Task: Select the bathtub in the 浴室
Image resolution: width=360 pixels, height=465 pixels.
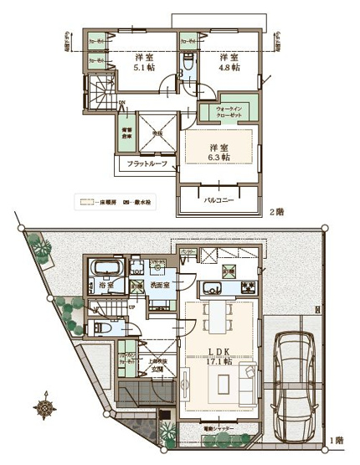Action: click(x=106, y=271)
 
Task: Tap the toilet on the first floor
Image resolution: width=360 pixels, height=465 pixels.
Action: click(x=100, y=328)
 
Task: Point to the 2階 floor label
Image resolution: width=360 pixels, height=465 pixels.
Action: click(x=276, y=213)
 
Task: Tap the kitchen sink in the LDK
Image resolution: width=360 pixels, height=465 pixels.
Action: click(x=213, y=291)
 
